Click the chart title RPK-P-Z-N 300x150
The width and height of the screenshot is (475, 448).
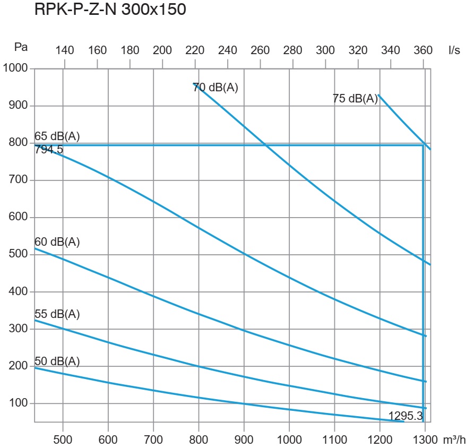(110, 11)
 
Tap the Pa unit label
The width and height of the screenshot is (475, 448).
(21, 47)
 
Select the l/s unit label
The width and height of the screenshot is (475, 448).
(454, 50)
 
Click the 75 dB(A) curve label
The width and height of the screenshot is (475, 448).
(355, 98)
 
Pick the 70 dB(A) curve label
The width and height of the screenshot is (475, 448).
(216, 88)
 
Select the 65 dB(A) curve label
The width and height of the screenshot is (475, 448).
(57, 136)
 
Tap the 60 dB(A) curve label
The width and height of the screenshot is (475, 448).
(57, 242)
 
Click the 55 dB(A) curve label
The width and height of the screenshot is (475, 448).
(57, 314)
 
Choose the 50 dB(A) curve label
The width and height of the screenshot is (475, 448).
(57, 361)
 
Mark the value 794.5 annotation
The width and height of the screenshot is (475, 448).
(49, 150)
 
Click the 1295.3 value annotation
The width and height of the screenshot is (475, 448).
(405, 416)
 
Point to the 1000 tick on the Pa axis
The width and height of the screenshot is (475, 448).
(16, 68)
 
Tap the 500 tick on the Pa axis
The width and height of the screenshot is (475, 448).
(19, 254)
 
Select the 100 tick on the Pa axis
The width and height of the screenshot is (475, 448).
(19, 403)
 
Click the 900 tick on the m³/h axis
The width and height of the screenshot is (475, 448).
(244, 440)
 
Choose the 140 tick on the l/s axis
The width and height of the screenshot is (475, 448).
(65, 50)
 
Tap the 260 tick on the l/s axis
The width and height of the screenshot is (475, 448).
(260, 50)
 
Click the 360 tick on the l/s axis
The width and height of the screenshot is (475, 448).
(423, 50)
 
